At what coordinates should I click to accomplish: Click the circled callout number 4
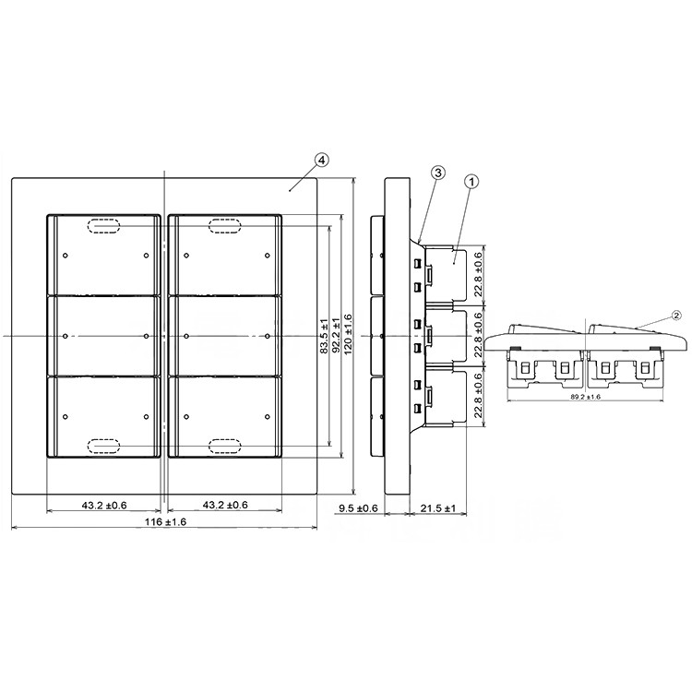(x=322, y=161)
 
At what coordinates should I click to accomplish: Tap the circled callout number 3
(x=437, y=173)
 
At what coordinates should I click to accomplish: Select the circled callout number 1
(x=471, y=181)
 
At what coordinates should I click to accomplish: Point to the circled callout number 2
(x=676, y=315)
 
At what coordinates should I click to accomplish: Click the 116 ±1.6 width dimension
(x=166, y=522)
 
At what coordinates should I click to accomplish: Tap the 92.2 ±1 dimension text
(x=335, y=336)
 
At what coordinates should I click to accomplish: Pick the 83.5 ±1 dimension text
(x=324, y=336)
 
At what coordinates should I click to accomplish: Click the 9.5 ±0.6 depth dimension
(x=358, y=508)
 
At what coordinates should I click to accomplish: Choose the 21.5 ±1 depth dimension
(x=437, y=508)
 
